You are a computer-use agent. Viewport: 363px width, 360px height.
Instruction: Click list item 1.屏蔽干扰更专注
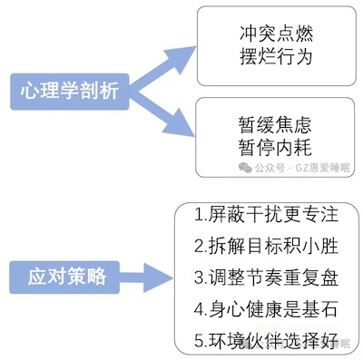pos(266,216)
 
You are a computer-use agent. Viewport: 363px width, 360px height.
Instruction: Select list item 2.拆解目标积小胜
pos(266,247)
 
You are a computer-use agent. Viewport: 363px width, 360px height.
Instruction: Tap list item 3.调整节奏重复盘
pos(266,278)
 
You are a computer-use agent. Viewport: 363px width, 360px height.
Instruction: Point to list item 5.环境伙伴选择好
pos(266,341)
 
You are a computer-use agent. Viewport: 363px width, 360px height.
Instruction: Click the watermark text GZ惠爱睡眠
pos(321,169)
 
